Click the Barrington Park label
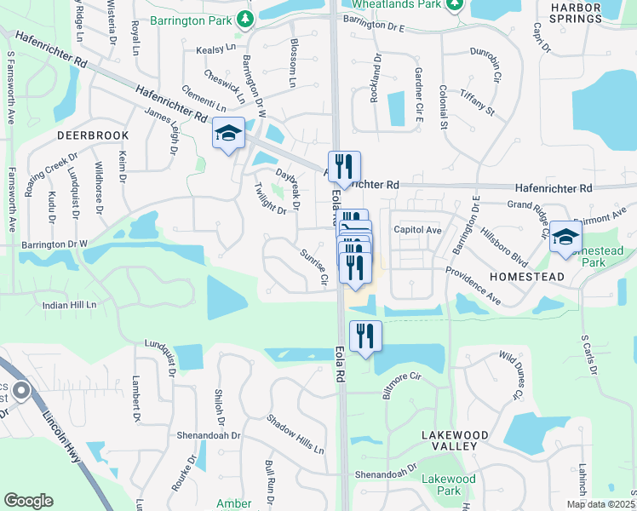click(191, 20)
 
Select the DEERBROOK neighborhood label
click(93, 135)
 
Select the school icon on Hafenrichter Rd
click(228, 134)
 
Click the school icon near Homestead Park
click(565, 238)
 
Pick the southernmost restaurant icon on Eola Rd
click(365, 335)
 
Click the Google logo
click(28, 501)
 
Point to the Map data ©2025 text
click(600, 504)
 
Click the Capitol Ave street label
click(417, 230)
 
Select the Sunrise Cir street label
click(313, 267)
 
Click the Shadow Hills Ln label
click(296, 433)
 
